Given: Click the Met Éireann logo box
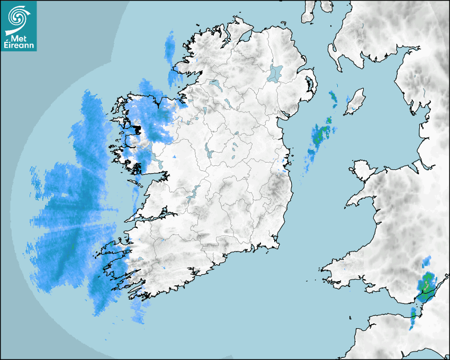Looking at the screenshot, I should [x=19, y=26].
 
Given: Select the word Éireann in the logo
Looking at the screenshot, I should [x=19, y=46].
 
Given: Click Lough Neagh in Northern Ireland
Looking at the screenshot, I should [x=275, y=73].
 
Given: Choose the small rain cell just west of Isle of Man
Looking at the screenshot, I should [x=332, y=97].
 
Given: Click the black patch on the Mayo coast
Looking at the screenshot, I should [x=137, y=129].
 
